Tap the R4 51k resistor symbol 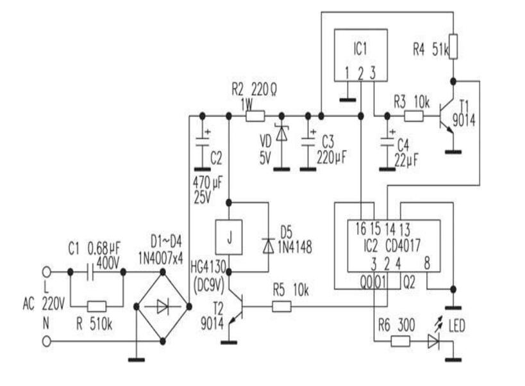click(x=453, y=46)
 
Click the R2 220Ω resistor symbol click(x=255, y=116)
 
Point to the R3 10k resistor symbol click(x=413, y=116)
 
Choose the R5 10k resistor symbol click(x=283, y=307)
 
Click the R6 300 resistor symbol click(x=401, y=342)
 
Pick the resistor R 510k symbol click(x=96, y=306)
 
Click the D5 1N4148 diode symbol click(x=267, y=245)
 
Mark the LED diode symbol click(x=435, y=342)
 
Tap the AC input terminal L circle click(x=46, y=271)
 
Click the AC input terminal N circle click(x=46, y=342)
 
